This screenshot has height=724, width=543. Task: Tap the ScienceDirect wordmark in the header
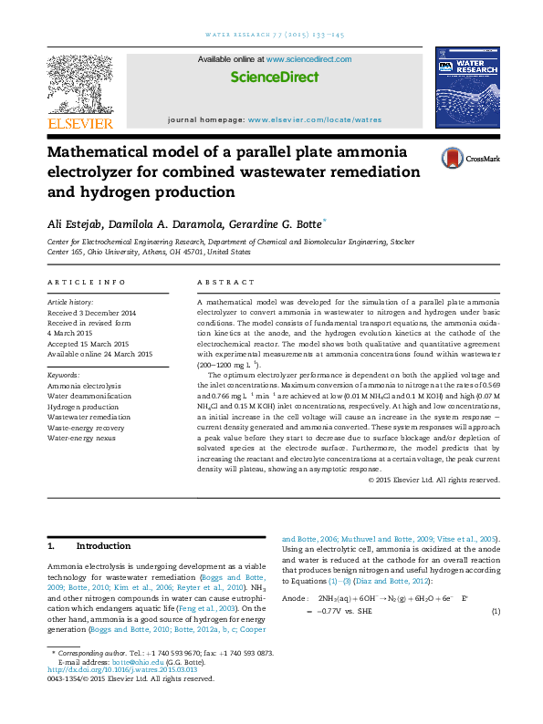click(x=274, y=78)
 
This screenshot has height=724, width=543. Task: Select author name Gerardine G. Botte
click(x=268, y=223)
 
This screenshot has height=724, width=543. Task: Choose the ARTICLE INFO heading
click(x=87, y=283)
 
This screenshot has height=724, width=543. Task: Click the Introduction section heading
click(x=103, y=546)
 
